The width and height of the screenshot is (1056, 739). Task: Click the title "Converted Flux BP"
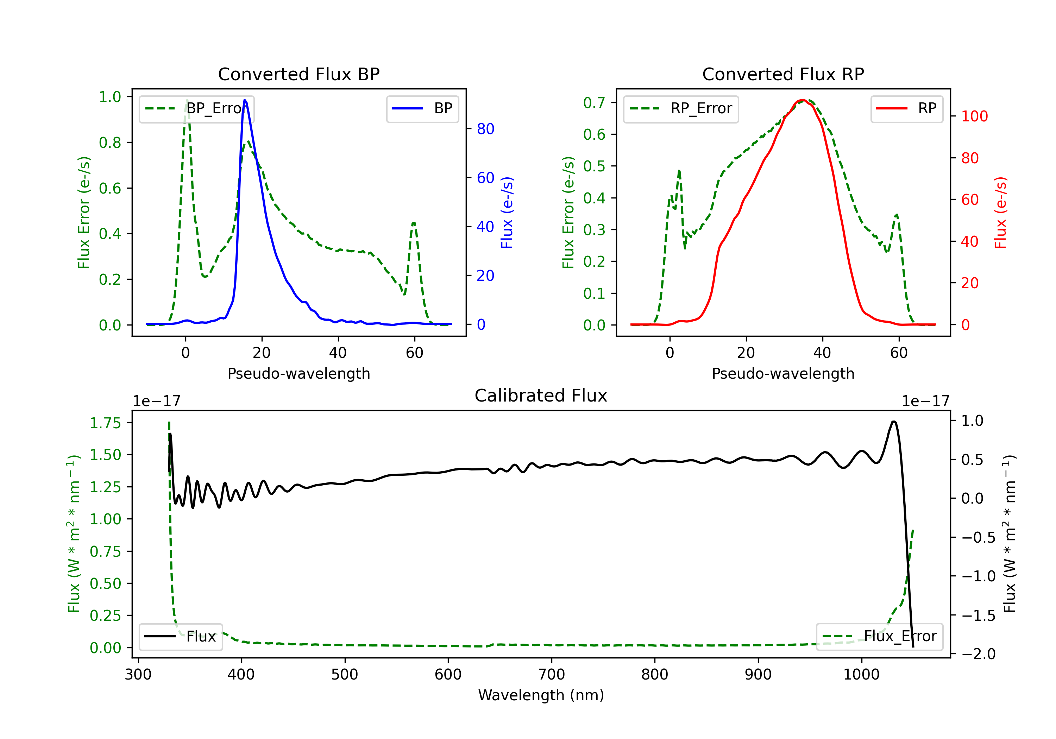click(298, 74)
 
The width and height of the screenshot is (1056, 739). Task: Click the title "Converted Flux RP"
click(783, 74)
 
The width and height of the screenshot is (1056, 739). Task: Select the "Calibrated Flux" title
click(541, 396)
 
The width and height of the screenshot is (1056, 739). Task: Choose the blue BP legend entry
click(422, 108)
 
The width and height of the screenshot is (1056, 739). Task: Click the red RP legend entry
click(906, 108)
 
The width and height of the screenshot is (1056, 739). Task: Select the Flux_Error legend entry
click(879, 637)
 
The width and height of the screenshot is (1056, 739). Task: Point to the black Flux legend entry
click(180, 637)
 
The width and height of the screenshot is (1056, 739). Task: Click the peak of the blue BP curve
click(245, 100)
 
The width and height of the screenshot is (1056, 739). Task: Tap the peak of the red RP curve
click(802, 100)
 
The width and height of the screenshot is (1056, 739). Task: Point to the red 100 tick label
click(974, 116)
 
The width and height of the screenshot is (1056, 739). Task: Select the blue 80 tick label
click(485, 129)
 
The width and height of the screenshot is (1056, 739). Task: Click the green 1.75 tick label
click(105, 423)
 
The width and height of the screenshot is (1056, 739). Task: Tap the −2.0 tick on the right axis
click(978, 653)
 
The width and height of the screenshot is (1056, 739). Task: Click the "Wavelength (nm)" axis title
click(541, 695)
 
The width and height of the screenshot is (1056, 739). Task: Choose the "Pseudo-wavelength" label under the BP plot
click(298, 373)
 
